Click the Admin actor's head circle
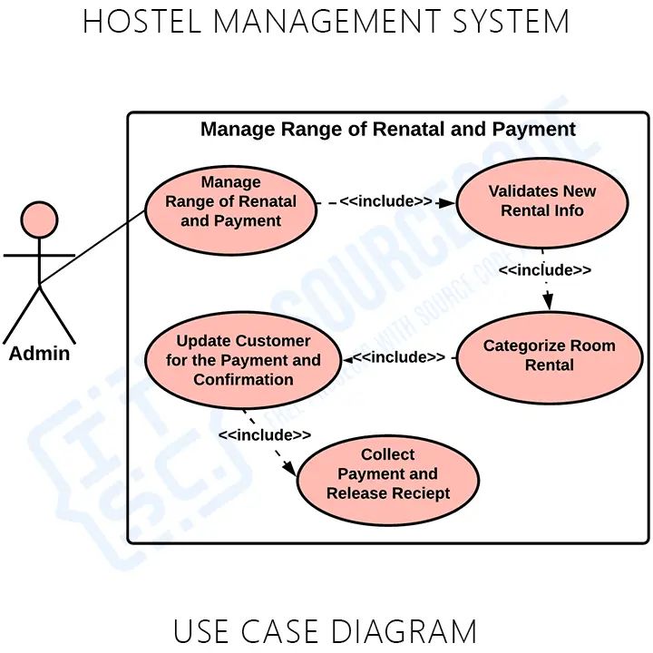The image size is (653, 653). [39, 220]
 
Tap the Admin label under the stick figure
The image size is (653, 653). [39, 354]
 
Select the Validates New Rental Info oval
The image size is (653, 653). [542, 201]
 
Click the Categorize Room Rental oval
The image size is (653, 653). [549, 356]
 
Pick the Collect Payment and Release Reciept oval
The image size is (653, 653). [388, 475]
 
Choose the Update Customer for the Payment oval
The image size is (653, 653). [243, 360]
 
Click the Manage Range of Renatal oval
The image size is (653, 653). [230, 202]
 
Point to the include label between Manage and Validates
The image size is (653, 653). [385, 201]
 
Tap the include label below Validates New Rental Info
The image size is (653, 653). [544, 270]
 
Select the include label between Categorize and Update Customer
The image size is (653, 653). [399, 357]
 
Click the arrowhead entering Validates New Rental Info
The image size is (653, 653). [448, 202]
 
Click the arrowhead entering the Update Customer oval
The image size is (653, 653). [346, 359]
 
